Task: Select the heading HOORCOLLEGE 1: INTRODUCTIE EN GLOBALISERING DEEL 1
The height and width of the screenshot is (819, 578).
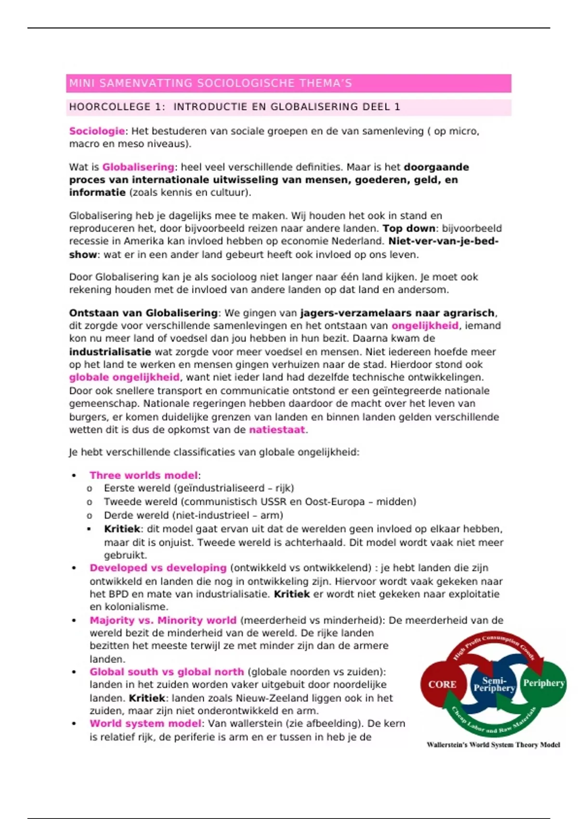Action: (x=235, y=107)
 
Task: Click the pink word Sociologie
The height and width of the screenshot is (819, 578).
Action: (x=97, y=131)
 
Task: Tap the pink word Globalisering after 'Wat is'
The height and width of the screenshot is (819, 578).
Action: (x=138, y=167)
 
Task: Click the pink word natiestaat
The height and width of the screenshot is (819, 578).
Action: (x=277, y=430)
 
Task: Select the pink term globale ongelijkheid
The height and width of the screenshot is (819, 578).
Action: (x=124, y=377)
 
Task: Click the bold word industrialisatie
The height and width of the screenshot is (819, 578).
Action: (x=110, y=352)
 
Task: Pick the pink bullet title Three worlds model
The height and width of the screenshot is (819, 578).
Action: (x=144, y=476)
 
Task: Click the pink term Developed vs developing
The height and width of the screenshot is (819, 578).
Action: (x=158, y=568)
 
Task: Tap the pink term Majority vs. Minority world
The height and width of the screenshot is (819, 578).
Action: (x=163, y=621)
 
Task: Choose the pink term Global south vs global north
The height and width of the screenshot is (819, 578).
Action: (x=167, y=672)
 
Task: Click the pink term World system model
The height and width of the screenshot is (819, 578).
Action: (x=145, y=724)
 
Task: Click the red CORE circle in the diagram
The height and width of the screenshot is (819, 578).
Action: (x=442, y=685)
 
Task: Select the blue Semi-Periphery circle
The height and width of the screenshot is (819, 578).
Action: (x=494, y=684)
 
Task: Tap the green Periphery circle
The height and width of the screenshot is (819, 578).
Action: (x=544, y=683)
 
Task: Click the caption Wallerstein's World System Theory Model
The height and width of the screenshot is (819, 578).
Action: (x=493, y=745)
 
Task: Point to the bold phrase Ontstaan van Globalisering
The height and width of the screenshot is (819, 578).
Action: (x=143, y=313)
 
